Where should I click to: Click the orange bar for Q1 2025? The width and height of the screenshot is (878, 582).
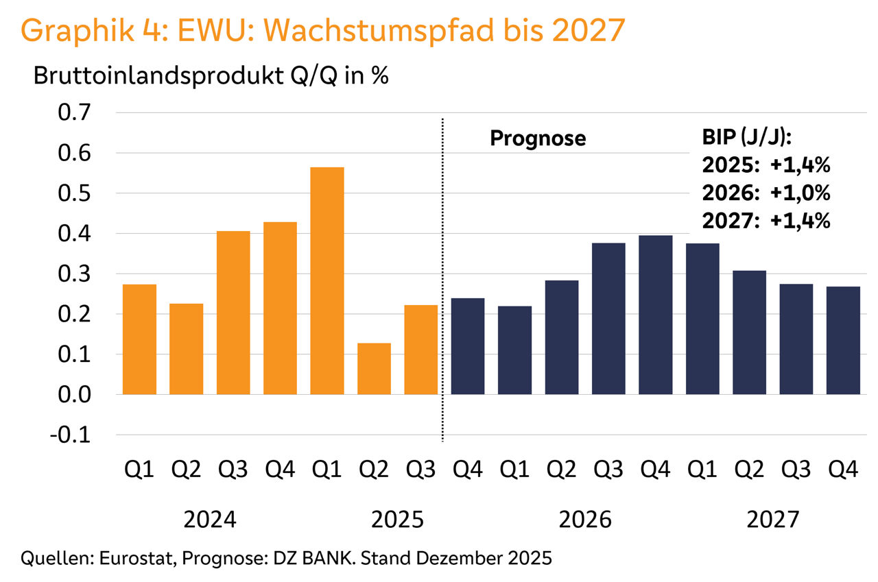pos(327,281)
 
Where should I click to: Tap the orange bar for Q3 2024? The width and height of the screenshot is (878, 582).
pos(233,313)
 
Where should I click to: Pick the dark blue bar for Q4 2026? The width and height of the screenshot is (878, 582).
pos(655,315)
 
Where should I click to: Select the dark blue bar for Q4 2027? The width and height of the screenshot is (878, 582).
pos(843,341)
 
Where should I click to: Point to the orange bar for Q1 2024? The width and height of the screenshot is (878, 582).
pos(139,339)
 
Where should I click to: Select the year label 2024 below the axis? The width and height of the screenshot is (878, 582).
pos(210,520)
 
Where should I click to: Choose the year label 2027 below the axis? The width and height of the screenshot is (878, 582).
pos(773,520)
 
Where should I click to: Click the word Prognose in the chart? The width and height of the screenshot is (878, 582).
pos(538,138)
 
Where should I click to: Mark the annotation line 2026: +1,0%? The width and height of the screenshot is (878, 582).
pos(766,193)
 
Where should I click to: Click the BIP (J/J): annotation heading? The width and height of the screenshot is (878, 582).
pos(748,138)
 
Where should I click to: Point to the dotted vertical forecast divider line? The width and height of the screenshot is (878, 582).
pos(442,274)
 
